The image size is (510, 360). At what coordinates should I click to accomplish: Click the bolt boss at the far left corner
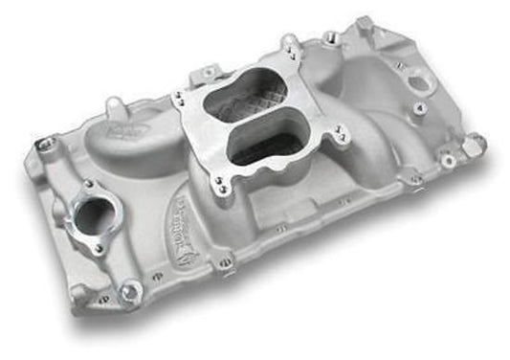46,146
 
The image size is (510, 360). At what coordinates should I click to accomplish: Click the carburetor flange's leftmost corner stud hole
177,96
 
